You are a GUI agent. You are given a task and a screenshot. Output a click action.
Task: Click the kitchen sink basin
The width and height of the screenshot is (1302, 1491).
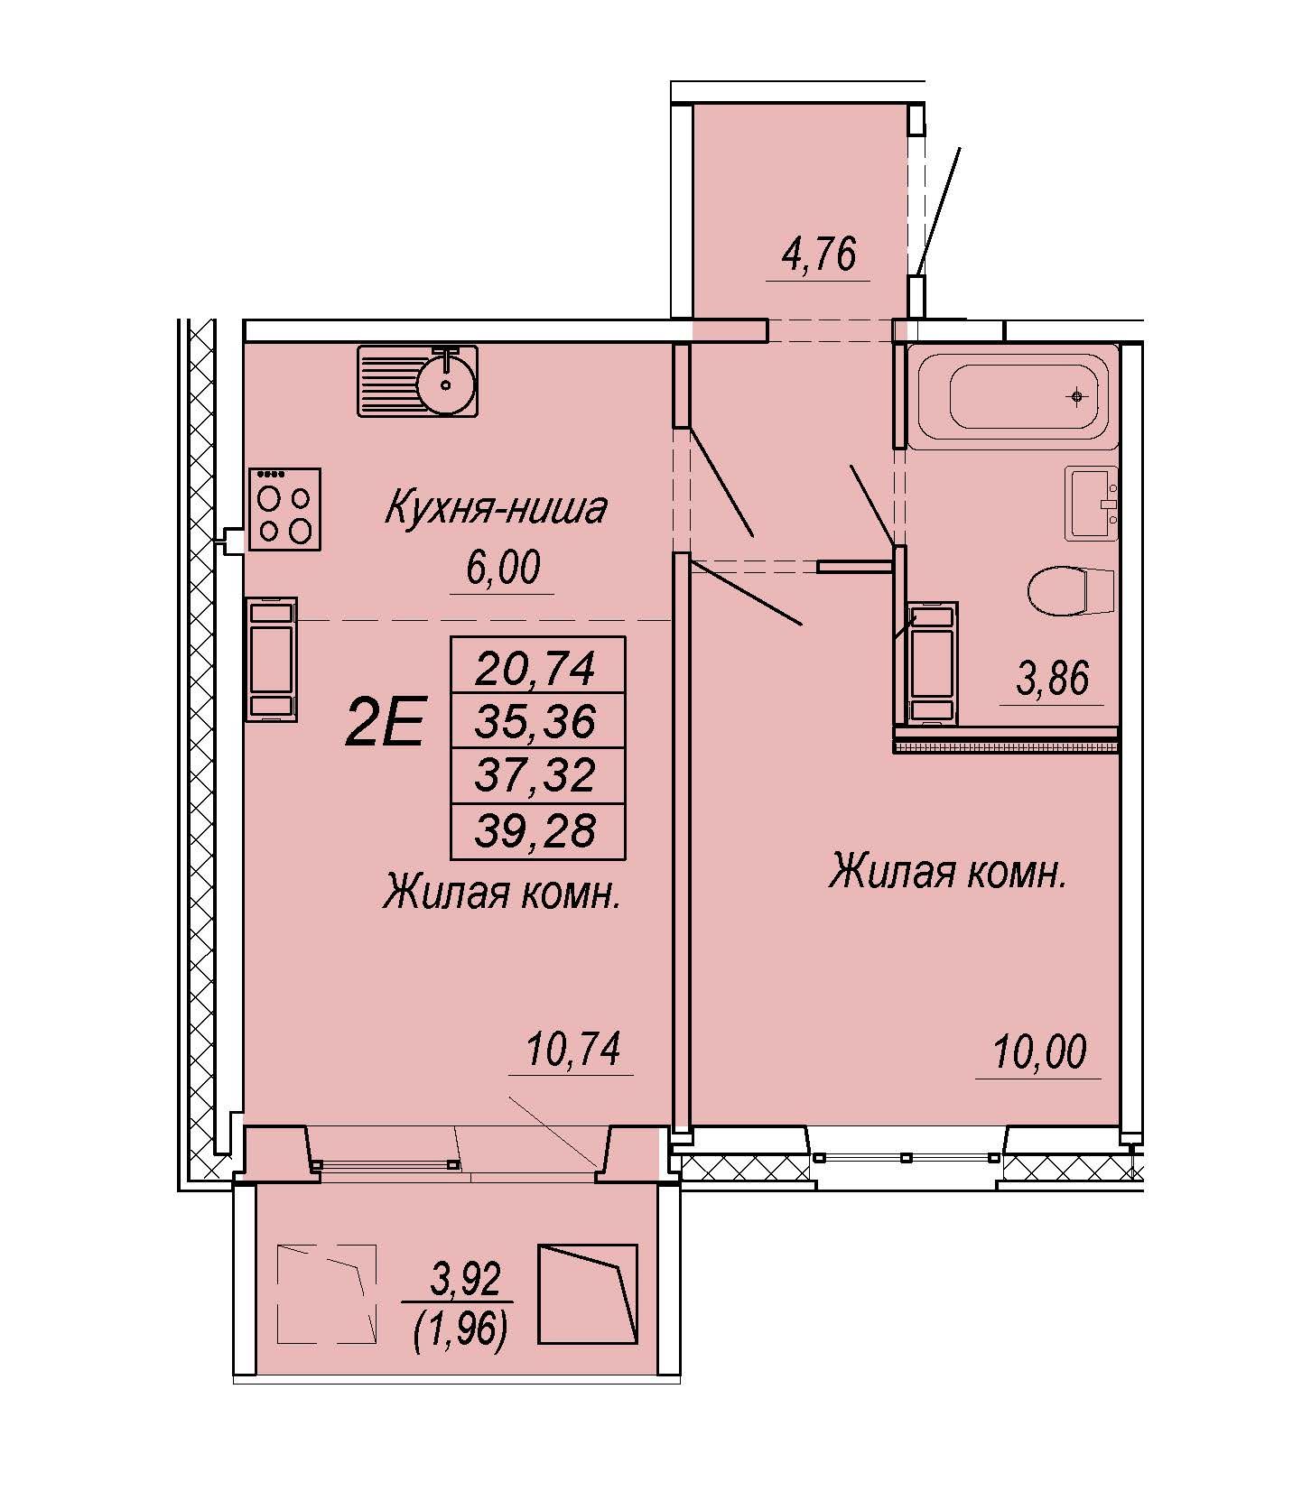tap(445, 382)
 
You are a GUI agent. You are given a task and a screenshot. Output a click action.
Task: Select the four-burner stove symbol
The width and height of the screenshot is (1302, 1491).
tap(284, 508)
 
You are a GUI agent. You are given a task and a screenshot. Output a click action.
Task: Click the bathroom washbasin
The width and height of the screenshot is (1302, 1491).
tap(1092, 503)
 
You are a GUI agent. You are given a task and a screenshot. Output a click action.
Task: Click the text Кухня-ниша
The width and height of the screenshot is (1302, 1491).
tap(496, 508)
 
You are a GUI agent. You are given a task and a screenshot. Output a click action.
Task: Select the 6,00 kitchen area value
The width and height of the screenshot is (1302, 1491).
tap(503, 568)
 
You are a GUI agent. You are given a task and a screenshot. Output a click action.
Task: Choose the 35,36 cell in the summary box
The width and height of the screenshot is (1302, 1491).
tap(536, 721)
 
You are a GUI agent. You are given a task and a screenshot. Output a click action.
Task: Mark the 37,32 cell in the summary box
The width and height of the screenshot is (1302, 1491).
tap(536, 775)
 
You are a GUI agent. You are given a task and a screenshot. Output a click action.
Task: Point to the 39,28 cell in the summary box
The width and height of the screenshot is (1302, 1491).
tap(536, 829)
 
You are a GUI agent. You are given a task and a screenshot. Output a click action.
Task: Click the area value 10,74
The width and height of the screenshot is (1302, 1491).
tap(573, 1050)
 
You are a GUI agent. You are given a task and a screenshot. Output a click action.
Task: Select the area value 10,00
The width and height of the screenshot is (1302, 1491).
tap(1039, 1052)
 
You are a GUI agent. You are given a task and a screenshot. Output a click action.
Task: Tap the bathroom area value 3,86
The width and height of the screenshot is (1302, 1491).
tap(1053, 679)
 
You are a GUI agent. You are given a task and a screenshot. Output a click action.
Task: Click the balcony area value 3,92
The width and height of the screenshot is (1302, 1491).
tap(464, 1279)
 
